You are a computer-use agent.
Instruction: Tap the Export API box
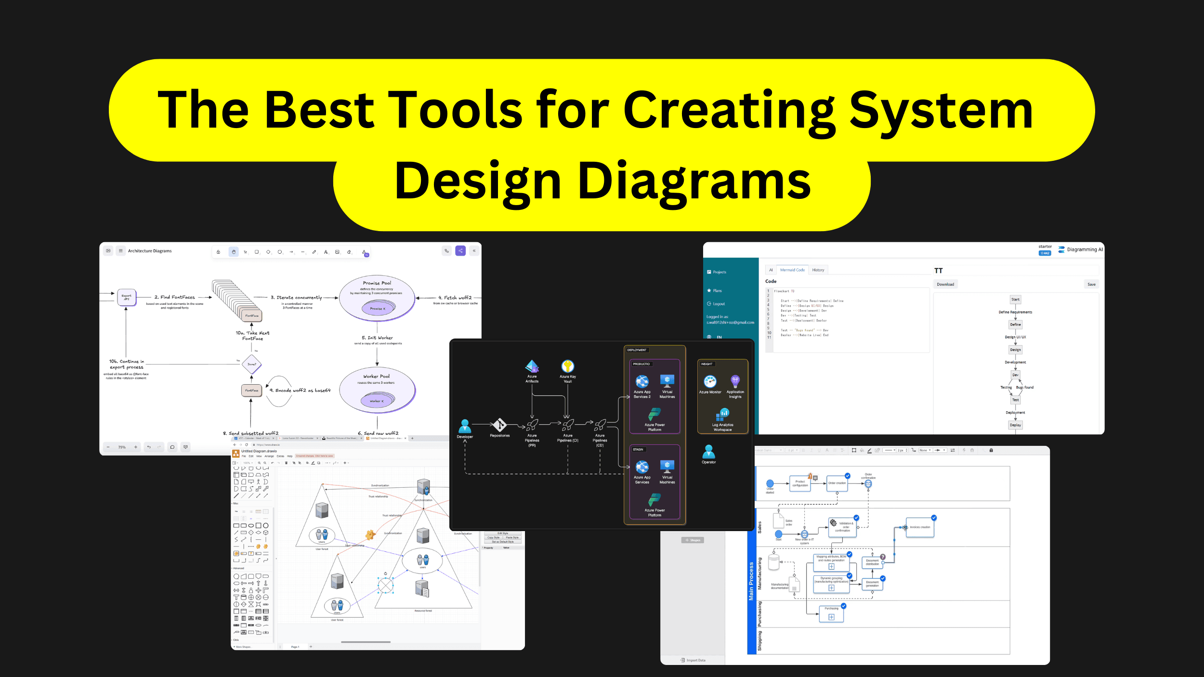coord(127,298)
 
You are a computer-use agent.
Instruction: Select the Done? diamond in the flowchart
coord(251,364)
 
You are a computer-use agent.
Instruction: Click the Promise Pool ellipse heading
coord(377,283)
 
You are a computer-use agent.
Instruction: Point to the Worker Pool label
coord(376,376)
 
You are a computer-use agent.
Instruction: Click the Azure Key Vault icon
coord(567,366)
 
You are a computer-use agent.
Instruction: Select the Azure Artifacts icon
coord(532,366)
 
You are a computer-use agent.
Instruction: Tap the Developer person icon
coord(465,426)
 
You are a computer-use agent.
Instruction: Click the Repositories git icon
coord(499,425)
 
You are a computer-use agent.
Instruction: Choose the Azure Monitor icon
coord(710,382)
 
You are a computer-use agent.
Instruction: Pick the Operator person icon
coord(708,452)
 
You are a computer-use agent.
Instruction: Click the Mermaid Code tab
coord(792,270)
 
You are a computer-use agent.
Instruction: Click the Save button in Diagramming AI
coord(1091,284)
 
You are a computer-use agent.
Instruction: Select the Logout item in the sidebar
coord(719,304)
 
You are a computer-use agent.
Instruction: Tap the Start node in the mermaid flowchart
coord(1015,299)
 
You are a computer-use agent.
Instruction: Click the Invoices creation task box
coord(920,527)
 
